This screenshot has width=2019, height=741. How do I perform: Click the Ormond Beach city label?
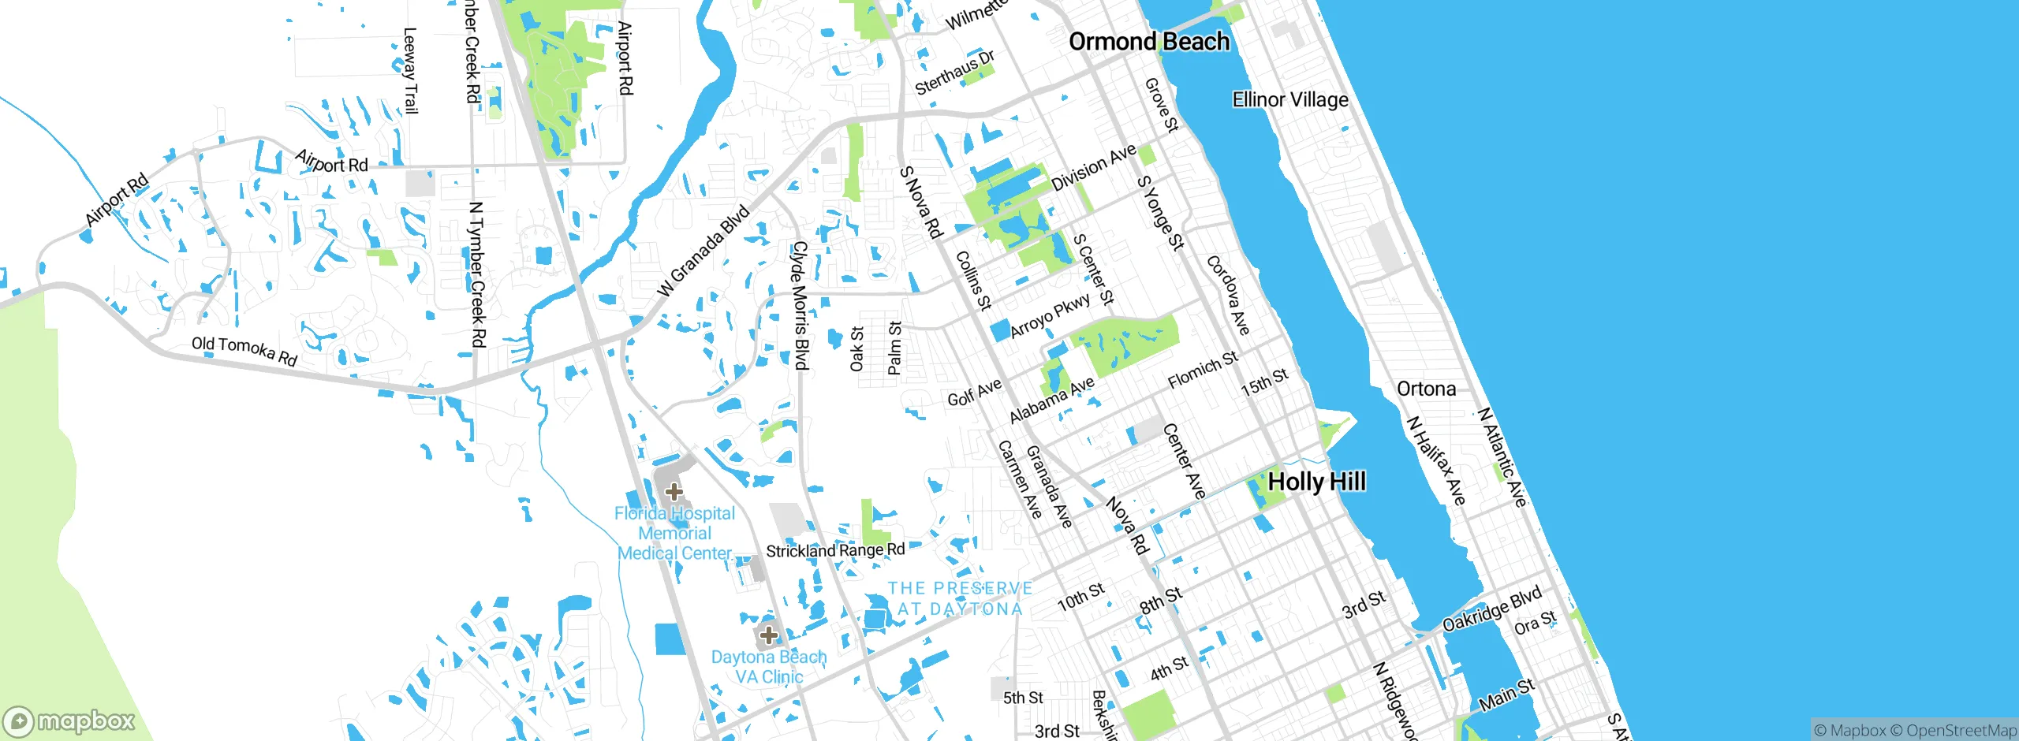click(x=1148, y=42)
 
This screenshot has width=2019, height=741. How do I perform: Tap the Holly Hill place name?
click(x=1316, y=482)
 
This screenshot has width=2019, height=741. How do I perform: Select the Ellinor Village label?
click(x=1290, y=100)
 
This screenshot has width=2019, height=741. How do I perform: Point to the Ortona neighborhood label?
click(x=1426, y=389)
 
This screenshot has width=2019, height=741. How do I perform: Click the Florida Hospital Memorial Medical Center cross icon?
click(x=674, y=493)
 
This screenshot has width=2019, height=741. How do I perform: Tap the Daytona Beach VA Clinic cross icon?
click(x=768, y=635)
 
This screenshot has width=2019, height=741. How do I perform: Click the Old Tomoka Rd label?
click(x=244, y=351)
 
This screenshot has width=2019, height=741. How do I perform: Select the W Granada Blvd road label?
click(x=703, y=251)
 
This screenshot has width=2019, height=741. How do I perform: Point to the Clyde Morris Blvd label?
click(x=801, y=306)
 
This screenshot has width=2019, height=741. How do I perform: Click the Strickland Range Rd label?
click(x=835, y=550)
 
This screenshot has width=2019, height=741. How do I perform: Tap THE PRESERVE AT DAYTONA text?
click(x=960, y=599)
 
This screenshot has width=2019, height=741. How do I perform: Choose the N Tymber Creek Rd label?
click(x=476, y=274)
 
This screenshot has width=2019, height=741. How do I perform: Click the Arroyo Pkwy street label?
click(x=1050, y=315)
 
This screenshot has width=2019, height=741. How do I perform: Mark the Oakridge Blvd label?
click(x=1491, y=609)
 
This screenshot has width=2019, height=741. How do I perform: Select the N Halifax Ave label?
click(x=1436, y=461)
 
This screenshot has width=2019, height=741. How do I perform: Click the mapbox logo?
click(x=69, y=721)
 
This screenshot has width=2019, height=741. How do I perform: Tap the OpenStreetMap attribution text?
click(x=1961, y=731)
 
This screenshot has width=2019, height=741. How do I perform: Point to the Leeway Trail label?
click(x=410, y=71)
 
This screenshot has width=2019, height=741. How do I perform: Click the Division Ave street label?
click(x=1094, y=167)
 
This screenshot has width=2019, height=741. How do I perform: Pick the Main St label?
click(x=1506, y=694)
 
